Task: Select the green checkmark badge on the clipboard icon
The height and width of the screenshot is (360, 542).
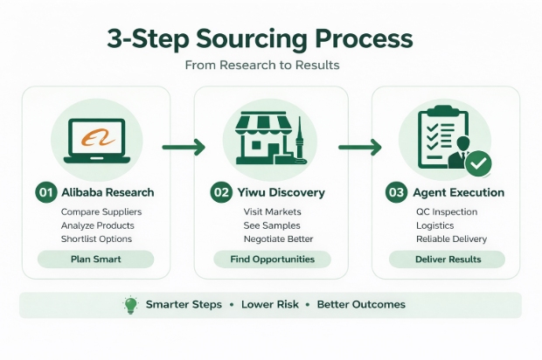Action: [x=477, y=163]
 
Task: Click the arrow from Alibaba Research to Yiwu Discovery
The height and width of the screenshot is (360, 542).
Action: [x=184, y=147]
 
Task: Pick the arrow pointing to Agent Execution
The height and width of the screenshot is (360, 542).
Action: [x=360, y=147]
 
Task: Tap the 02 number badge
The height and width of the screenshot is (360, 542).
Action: [x=222, y=192]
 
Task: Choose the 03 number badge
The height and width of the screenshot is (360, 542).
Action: [x=397, y=192]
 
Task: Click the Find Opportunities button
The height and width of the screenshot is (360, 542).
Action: [x=272, y=260]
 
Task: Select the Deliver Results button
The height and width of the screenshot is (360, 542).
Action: [x=447, y=260]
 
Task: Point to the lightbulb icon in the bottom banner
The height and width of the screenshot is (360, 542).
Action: [x=131, y=305]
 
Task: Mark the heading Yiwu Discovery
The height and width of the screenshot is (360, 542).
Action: [x=281, y=192]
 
